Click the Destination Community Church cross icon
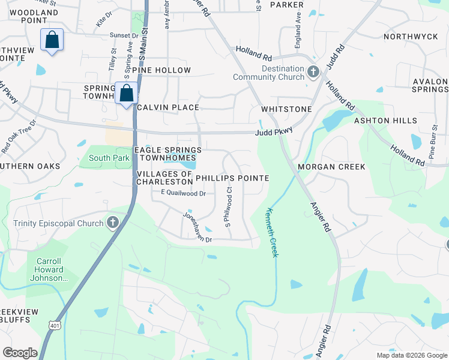click(313, 73)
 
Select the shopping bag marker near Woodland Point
click(52, 40)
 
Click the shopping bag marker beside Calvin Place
click(127, 94)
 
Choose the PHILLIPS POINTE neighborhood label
click(232, 178)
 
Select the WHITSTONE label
click(286, 109)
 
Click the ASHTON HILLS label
click(385, 121)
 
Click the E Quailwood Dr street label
click(183, 193)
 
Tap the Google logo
click(20, 352)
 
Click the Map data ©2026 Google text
click(412, 355)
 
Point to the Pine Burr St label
click(433, 142)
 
